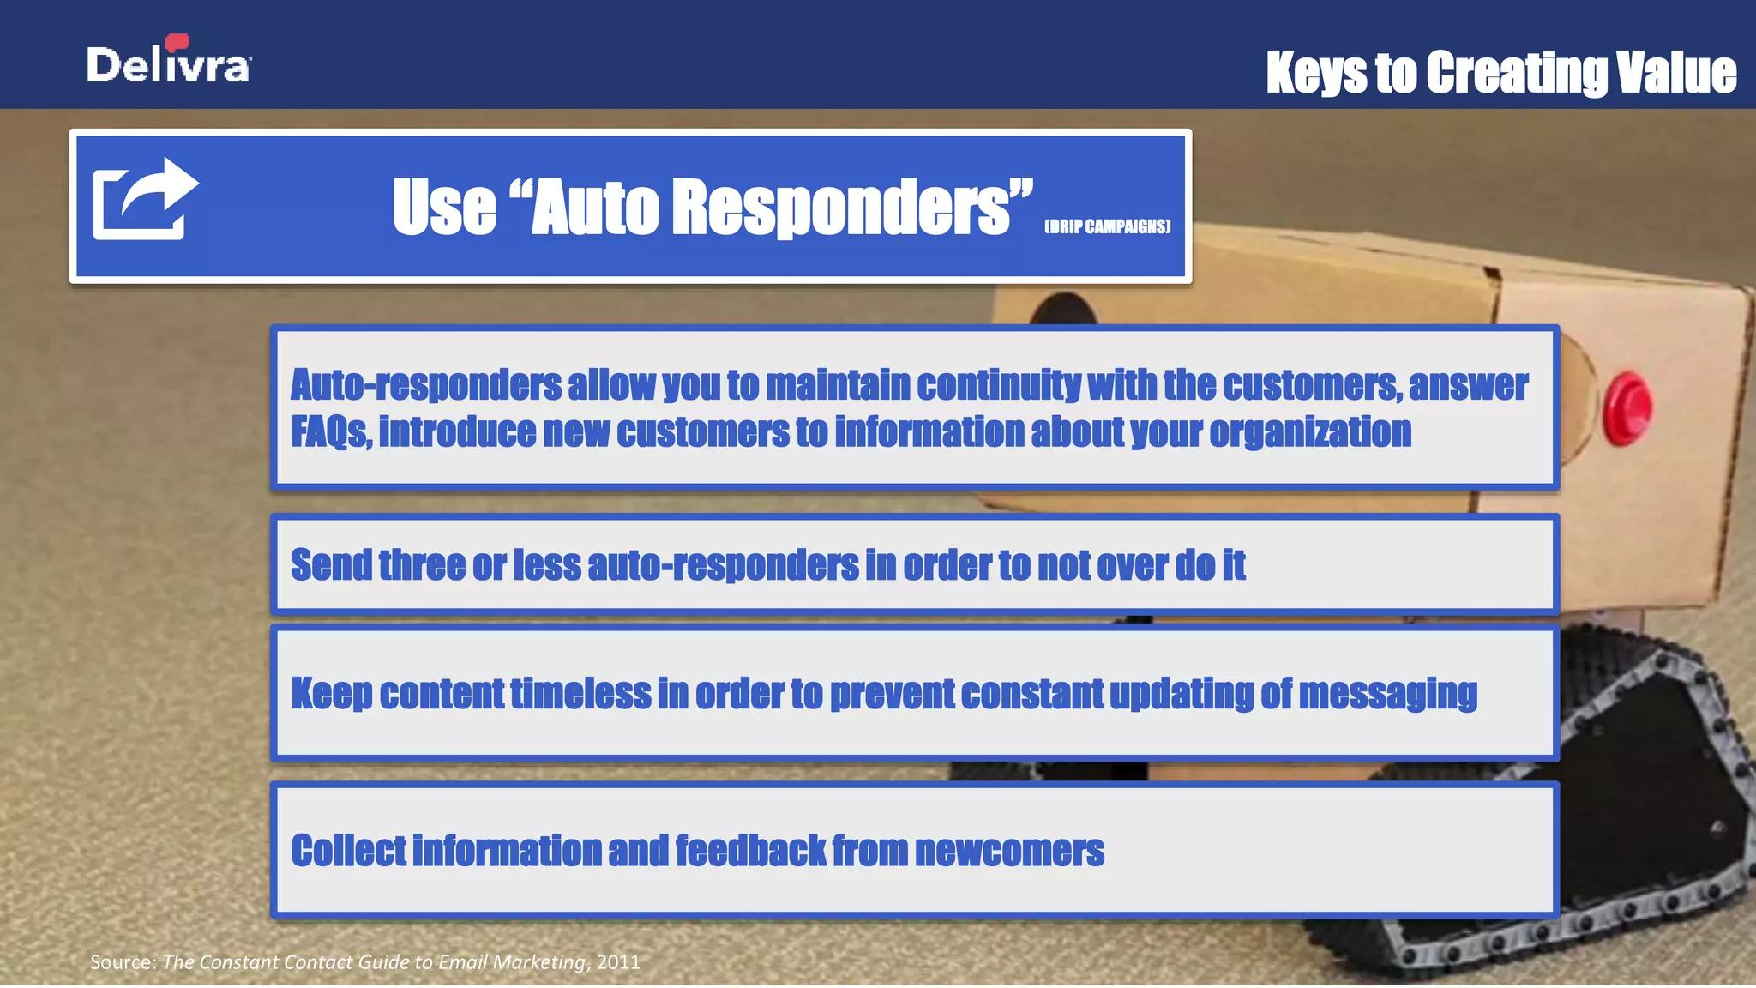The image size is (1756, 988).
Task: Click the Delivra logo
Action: point(169,62)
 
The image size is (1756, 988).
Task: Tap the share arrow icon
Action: point(145,199)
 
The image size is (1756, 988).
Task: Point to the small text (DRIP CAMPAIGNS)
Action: point(1107,226)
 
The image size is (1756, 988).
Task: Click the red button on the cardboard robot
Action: point(1627,407)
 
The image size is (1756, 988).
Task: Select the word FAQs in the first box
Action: point(331,431)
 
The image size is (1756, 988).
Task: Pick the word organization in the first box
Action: point(1310,431)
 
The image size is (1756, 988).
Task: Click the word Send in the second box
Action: point(331,565)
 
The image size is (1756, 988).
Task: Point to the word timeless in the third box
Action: point(580,693)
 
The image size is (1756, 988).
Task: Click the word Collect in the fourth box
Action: point(348,851)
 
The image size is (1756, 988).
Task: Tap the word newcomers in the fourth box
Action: point(1009,851)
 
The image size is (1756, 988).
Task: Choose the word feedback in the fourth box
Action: point(750,851)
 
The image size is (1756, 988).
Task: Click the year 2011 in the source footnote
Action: point(618,962)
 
